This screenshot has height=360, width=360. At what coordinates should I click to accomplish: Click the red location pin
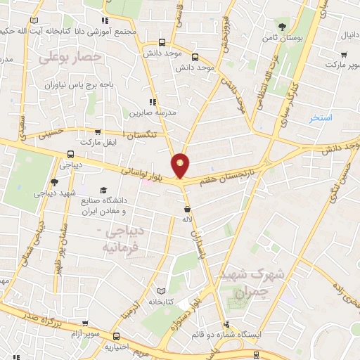pos(181,165)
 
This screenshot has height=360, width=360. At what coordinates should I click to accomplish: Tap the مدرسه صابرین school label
pos(149,112)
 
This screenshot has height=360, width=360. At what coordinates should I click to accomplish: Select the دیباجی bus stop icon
pos(70,155)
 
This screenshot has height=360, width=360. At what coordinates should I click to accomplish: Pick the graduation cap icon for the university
pos(104,190)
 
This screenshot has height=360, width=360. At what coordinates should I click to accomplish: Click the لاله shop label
pos(187,219)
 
